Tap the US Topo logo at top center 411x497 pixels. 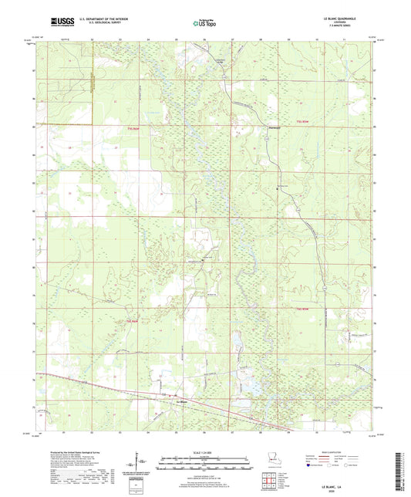204,24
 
